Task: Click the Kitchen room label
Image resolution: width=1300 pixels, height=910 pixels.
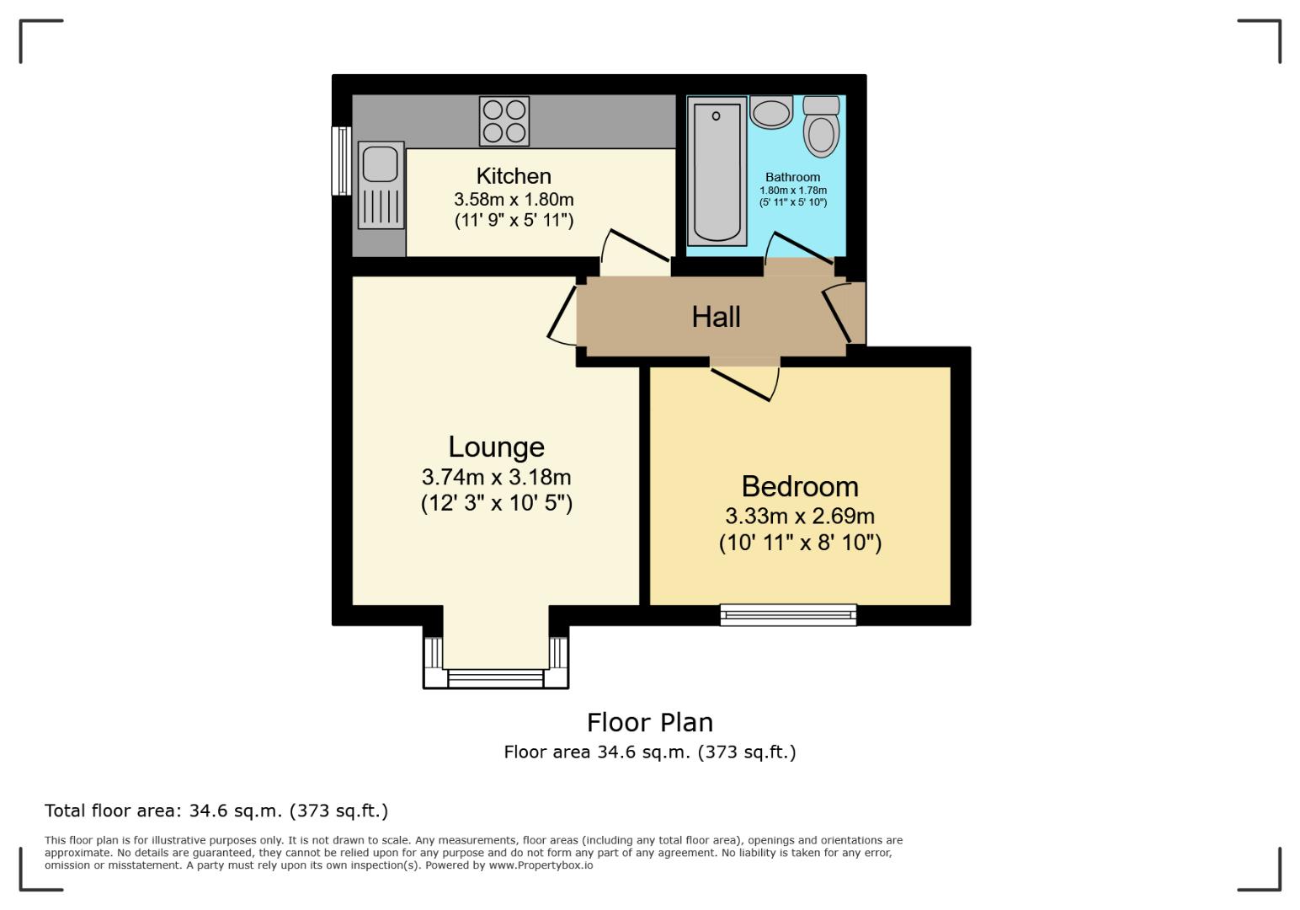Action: (514, 176)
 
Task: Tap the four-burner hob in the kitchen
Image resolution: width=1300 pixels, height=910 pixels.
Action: (504, 121)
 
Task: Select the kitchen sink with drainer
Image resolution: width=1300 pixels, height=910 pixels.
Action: (381, 185)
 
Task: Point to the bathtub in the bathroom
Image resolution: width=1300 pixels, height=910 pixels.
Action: (717, 171)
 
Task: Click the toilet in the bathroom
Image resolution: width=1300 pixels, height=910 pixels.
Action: (821, 128)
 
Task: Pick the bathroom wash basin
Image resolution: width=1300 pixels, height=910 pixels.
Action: (771, 112)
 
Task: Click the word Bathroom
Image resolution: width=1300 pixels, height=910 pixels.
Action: (792, 178)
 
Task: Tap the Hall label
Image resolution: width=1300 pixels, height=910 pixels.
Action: (716, 317)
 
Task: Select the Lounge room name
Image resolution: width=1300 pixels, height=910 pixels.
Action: (496, 447)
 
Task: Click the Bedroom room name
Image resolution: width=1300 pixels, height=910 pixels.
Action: (800, 486)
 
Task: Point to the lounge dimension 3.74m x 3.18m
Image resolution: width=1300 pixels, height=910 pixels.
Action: (496, 477)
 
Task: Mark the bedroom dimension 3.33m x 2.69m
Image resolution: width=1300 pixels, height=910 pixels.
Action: (800, 516)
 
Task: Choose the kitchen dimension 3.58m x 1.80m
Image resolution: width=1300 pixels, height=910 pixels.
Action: (514, 200)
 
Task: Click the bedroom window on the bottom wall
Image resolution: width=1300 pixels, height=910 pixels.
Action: (788, 615)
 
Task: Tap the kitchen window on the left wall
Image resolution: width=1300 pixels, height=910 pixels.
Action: (341, 160)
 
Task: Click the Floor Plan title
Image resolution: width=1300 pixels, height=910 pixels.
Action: (649, 722)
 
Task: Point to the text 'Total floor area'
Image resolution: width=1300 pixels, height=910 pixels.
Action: (112, 811)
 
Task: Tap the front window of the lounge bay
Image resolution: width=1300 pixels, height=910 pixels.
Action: (496, 678)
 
